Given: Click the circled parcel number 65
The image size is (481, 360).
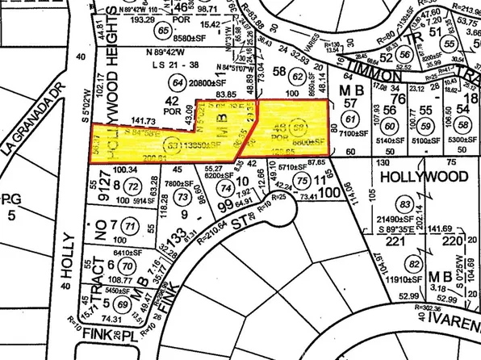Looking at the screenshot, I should point(166,31).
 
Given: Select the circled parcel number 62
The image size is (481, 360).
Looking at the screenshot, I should point(297,77).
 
